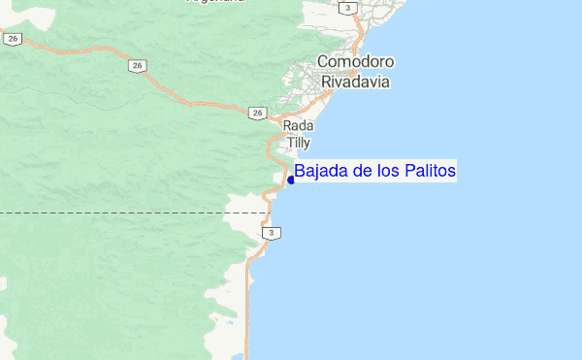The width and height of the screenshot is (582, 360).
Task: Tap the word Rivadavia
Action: tap(354, 82)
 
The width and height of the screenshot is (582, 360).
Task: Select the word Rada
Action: tap(296, 127)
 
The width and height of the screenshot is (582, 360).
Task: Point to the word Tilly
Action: tap(298, 143)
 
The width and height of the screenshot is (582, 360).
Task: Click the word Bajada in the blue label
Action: tap(319, 172)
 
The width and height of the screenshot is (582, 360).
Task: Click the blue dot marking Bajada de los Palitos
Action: tap(291, 180)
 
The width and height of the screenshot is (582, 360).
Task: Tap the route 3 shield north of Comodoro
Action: tap(346, 8)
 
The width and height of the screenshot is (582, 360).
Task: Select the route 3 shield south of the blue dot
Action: tap(274, 233)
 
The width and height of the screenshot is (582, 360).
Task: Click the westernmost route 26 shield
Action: tap(13, 39)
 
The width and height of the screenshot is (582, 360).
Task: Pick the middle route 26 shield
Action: tap(139, 65)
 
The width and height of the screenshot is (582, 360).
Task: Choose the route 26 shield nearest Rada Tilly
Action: tap(256, 113)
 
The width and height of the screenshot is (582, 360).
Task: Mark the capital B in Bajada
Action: tap(300, 172)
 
